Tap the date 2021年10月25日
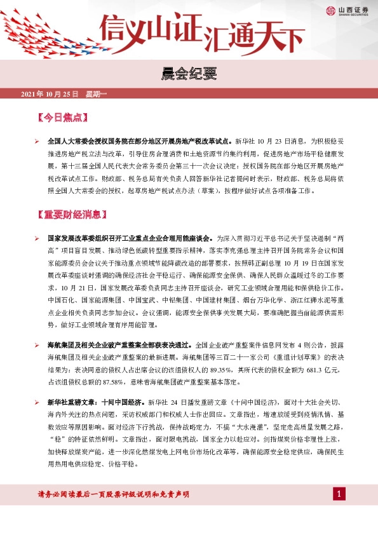point(50,94)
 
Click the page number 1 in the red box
point(340,494)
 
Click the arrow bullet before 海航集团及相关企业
point(37,345)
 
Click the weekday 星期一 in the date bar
point(97,94)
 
